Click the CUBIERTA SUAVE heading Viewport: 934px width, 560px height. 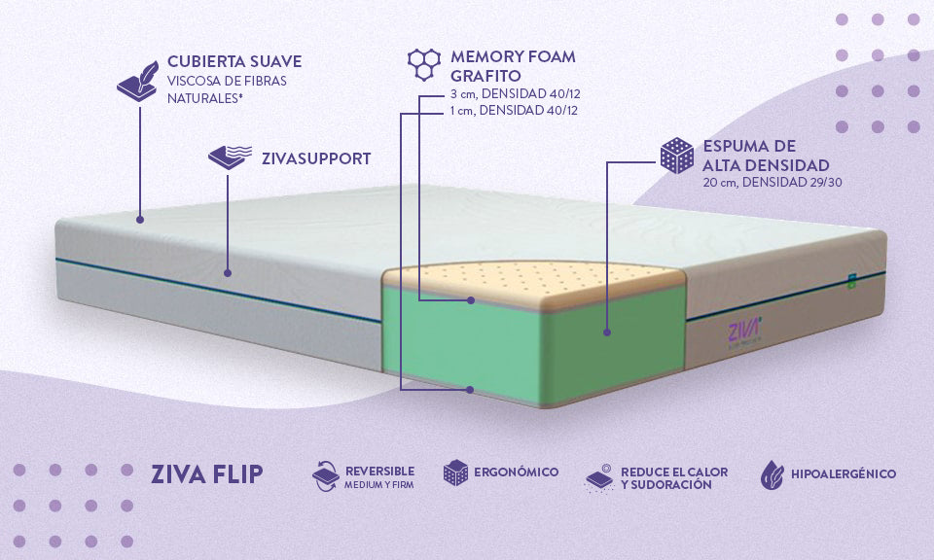(233, 61)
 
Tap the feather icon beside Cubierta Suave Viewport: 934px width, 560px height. (138, 78)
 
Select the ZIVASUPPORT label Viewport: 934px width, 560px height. (315, 157)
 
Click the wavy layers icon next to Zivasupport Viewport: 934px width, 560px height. (230, 157)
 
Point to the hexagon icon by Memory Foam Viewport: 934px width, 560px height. (424, 63)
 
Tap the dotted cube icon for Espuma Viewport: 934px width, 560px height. (676, 157)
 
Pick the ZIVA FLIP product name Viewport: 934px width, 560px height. (206, 474)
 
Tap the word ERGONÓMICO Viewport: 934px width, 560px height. (516, 472)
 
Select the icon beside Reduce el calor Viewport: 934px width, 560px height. (599, 476)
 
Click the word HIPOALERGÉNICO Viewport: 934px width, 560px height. (844, 473)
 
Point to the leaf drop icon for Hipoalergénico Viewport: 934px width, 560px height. (772, 473)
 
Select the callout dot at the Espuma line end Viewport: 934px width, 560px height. (607, 332)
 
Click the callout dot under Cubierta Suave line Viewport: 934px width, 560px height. (140, 220)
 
